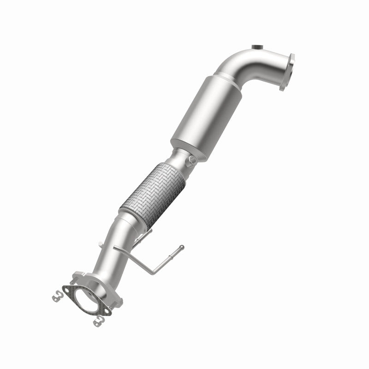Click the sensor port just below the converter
coord(190,161)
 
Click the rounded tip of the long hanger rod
coord(182,247)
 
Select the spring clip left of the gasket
coord(57,294)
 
